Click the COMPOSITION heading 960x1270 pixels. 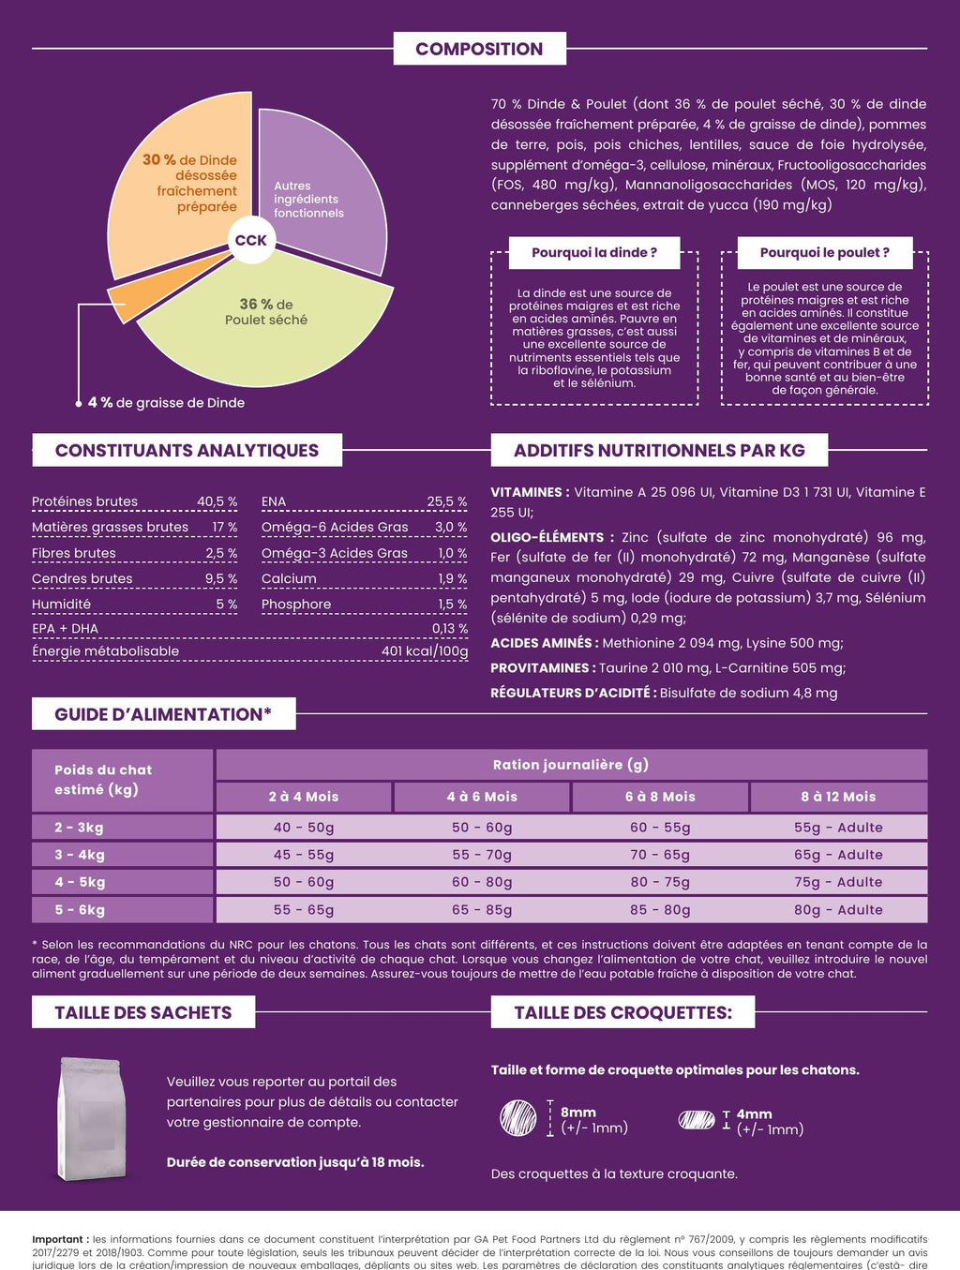pyautogui.click(x=479, y=49)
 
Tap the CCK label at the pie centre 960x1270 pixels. pyautogui.click(x=250, y=241)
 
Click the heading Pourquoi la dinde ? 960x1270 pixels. pyautogui.click(x=594, y=253)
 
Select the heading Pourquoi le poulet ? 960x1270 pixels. pyautogui.click(x=824, y=253)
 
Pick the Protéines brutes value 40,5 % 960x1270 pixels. pyautogui.click(x=217, y=501)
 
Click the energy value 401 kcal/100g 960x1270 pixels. pyautogui.click(x=425, y=651)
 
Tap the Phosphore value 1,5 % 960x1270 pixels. pyautogui.click(x=452, y=605)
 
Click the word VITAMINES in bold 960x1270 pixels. pyautogui.click(x=527, y=492)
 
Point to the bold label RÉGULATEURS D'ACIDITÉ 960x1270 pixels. pyautogui.click(x=572, y=693)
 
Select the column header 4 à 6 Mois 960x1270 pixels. pyautogui.click(x=482, y=797)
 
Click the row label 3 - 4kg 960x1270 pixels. pyautogui.click(x=80, y=855)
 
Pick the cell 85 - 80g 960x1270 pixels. pyautogui.click(x=660, y=909)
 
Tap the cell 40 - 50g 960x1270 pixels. pyautogui.click(x=304, y=828)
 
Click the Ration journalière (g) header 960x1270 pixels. pyautogui.click(x=571, y=765)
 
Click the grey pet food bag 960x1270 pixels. pyautogui.click(x=90, y=1118)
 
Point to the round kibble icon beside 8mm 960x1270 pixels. pyautogui.click(x=518, y=1118)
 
